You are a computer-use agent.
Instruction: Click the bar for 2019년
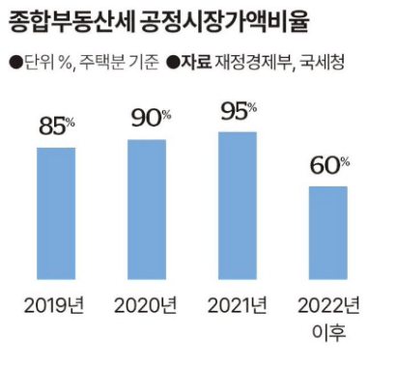(56, 213)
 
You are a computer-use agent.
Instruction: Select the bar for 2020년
(147, 210)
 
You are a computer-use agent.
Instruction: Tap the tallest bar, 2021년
(238, 206)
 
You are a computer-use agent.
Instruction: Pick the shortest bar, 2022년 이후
(328, 233)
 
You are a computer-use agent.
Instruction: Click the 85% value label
(57, 126)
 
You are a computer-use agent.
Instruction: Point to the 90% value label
(151, 118)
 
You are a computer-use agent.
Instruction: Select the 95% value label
(239, 111)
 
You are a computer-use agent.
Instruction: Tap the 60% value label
(329, 165)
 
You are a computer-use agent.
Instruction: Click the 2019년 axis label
(54, 305)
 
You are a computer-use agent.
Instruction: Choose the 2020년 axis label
(146, 305)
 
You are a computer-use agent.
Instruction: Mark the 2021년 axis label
(238, 305)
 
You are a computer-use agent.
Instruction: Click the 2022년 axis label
(328, 305)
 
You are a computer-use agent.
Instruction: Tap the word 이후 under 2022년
(329, 332)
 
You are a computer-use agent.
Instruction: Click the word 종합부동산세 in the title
(71, 22)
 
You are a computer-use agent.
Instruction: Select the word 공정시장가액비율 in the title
(225, 22)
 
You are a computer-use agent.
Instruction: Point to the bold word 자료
(196, 62)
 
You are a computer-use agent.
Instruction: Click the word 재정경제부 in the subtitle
(254, 62)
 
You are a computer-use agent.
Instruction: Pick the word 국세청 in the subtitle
(323, 62)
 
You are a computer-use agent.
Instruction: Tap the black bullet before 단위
(15, 63)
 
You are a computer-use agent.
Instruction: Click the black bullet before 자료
(173, 63)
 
